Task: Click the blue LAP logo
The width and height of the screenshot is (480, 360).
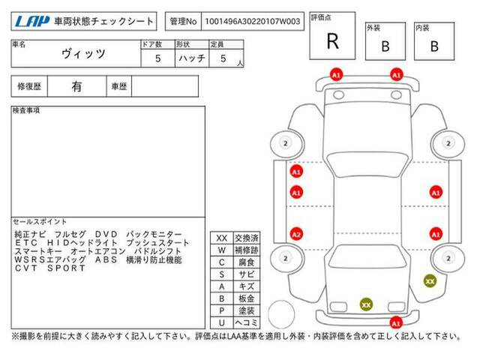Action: [x=32, y=22]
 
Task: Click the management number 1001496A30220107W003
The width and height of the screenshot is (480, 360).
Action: [x=253, y=22]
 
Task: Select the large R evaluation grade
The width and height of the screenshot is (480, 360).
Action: [x=333, y=41]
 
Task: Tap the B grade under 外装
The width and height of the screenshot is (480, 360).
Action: [x=385, y=46]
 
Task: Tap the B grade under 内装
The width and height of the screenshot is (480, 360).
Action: [x=434, y=46]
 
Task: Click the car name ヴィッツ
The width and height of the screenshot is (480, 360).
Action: [x=83, y=54]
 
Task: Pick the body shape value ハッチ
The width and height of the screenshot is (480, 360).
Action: [x=192, y=58]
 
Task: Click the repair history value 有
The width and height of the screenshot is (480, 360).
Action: [x=76, y=86]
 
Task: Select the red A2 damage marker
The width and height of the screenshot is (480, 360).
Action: [x=296, y=235]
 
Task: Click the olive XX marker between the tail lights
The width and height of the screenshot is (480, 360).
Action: [x=366, y=304]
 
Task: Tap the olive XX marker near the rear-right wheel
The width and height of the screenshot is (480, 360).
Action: [x=430, y=281]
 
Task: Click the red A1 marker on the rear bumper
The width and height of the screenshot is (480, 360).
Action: [x=396, y=323]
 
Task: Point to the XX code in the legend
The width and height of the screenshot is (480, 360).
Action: [x=222, y=238]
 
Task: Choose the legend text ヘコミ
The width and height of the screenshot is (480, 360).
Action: [x=247, y=322]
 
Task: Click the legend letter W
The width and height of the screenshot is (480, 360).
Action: [x=222, y=250]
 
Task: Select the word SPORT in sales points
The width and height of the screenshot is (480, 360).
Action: [x=66, y=268]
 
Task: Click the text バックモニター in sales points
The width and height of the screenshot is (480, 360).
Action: [x=154, y=234]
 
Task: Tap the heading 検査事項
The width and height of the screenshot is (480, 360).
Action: [x=26, y=110]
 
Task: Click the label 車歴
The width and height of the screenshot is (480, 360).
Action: [x=119, y=87]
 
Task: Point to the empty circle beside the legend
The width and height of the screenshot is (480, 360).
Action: [x=282, y=314]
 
